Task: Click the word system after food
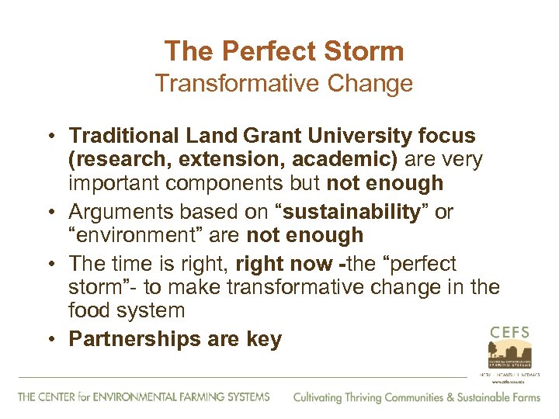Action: [151, 311]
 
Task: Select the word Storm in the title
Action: [365, 52]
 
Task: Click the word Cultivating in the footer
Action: [318, 397]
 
